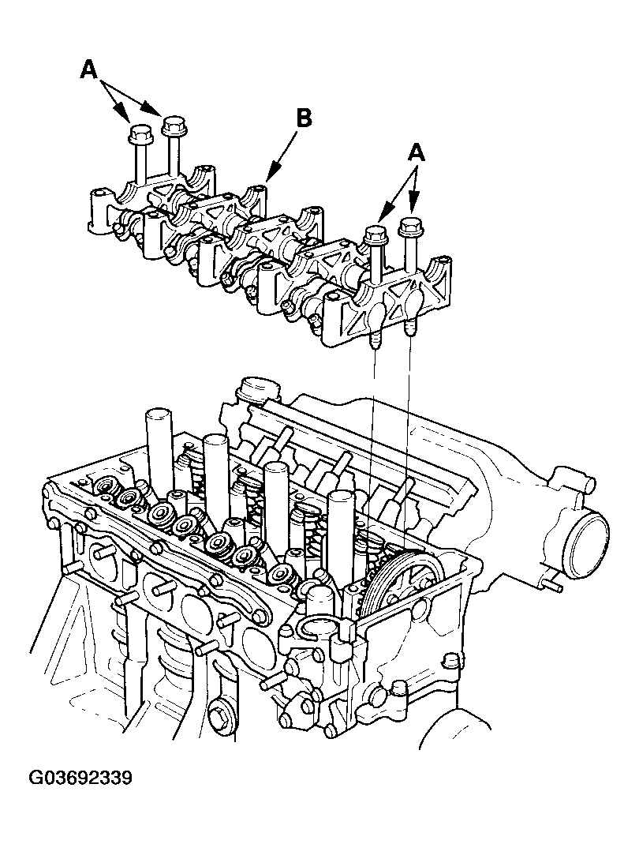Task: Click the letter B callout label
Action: click(x=304, y=118)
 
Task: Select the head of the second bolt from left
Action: click(x=174, y=126)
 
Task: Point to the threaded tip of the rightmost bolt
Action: click(x=410, y=328)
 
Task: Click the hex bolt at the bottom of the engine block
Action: click(x=221, y=715)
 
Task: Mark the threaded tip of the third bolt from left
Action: click(x=376, y=340)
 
